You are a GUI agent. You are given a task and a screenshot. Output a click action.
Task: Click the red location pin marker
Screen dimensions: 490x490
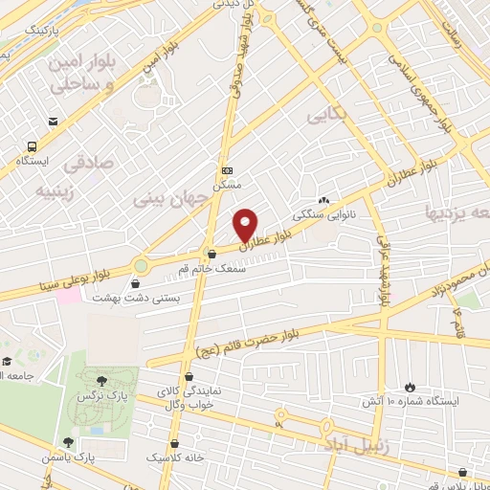(246, 224)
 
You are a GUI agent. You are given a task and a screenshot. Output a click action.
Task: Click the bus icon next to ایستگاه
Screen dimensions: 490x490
(33, 147)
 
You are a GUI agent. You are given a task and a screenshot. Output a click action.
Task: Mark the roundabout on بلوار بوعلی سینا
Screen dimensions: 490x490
(142, 265)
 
